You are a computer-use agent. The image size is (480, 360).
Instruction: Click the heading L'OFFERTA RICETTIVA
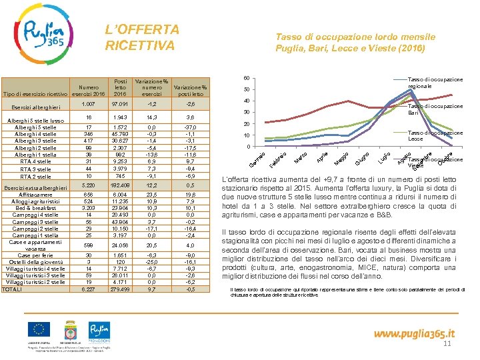[x=142, y=38]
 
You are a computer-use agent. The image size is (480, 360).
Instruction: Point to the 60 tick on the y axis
[x=247, y=78]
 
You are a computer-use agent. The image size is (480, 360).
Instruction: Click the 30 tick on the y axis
[x=247, y=113]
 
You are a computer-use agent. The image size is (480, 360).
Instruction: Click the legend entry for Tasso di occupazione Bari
[x=435, y=109]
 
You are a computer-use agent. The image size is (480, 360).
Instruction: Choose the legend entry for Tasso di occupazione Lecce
[x=435, y=136]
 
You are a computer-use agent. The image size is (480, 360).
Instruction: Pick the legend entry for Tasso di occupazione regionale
[x=435, y=83]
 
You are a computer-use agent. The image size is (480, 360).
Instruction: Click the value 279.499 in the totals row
[x=121, y=289]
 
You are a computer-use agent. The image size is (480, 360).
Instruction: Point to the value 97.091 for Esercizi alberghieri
[x=121, y=105]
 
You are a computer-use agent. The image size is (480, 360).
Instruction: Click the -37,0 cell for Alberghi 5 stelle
[x=190, y=127]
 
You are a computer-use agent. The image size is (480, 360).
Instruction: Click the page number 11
[x=447, y=343]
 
